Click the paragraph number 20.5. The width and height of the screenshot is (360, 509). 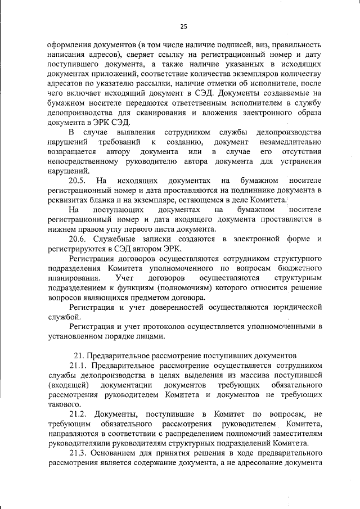point(76,181)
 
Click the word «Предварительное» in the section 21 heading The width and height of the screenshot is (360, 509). point(118,355)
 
